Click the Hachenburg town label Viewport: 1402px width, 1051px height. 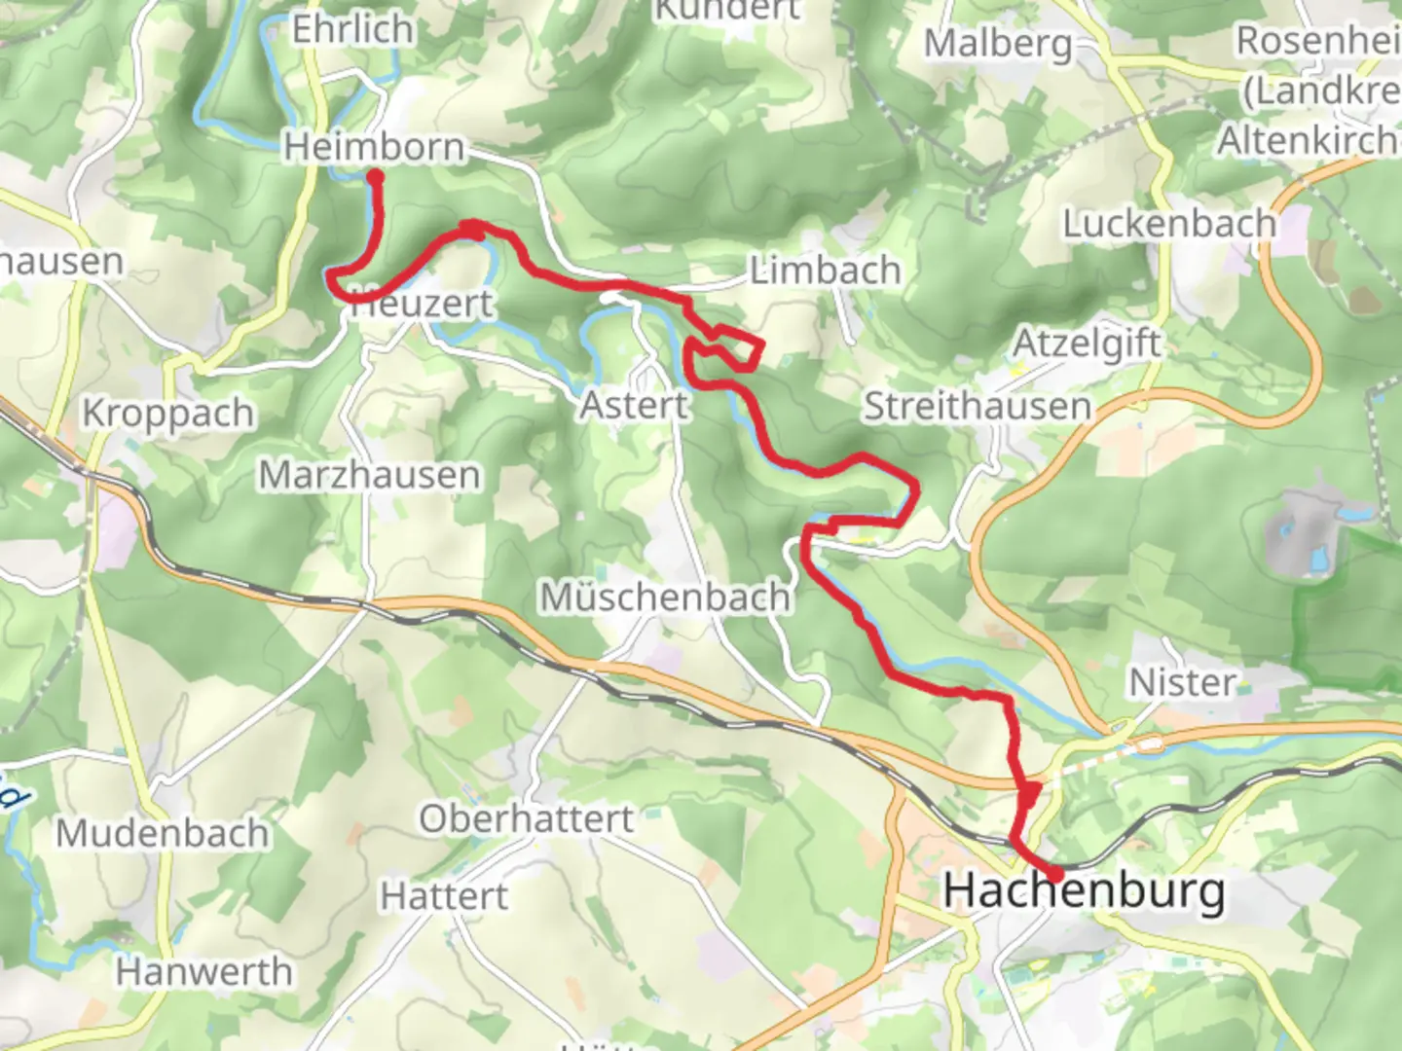[x=1084, y=891]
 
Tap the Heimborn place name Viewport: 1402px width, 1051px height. [x=374, y=148]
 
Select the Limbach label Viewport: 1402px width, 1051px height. [x=825, y=271]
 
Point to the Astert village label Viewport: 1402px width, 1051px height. [x=634, y=405]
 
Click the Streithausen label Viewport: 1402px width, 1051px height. [x=977, y=407]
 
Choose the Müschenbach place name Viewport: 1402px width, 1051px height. [x=665, y=597]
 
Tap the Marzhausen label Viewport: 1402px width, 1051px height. [x=369, y=475]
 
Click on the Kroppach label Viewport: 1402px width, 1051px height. [x=167, y=414]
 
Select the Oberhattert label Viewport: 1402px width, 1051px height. [x=526, y=819]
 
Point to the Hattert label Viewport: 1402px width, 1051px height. [x=444, y=895]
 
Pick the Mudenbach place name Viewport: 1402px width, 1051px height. [x=162, y=834]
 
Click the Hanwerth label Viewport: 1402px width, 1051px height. [x=203, y=971]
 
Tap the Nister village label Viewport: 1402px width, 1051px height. [x=1182, y=682]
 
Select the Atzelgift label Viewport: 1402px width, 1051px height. [x=1087, y=344]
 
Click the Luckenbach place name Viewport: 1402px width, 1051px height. [x=1168, y=224]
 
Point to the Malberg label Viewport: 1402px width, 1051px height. [x=997, y=44]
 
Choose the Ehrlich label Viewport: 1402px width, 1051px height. [x=352, y=30]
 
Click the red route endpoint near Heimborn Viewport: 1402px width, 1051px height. [x=374, y=177]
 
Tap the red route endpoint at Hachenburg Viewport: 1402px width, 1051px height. [x=1054, y=875]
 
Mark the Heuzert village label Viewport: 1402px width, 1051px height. [x=423, y=305]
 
